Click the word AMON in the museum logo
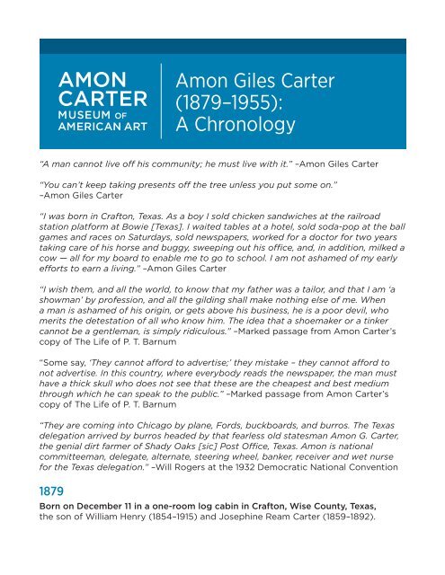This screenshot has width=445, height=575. point(88,78)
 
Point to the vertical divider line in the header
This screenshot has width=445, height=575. point(160,101)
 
